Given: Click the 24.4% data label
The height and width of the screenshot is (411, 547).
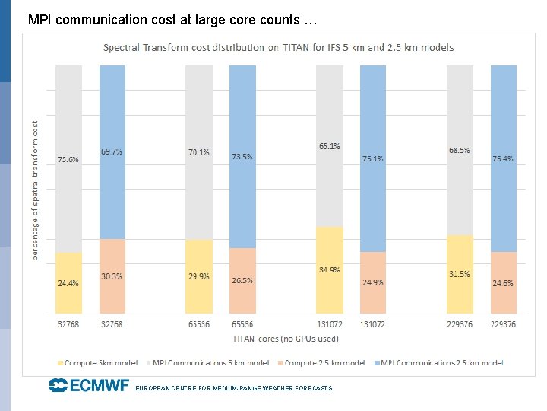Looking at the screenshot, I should pos(68,283).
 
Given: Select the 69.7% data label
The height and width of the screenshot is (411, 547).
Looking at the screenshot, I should pos(112,151).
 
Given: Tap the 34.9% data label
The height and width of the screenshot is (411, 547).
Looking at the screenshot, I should pos(330,270).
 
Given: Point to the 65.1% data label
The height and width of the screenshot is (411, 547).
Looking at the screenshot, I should pos(330,145).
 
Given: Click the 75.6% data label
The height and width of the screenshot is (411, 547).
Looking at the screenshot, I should pos(68,160).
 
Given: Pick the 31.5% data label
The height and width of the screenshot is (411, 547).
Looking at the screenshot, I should pos(460,274).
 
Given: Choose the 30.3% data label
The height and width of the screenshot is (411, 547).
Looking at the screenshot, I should pos(112,276).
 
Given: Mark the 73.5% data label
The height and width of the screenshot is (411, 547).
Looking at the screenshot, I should pos(242,157).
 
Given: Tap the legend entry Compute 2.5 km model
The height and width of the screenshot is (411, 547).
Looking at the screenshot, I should pos(324,363).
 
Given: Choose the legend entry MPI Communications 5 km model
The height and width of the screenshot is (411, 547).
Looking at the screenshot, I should pos(207,363).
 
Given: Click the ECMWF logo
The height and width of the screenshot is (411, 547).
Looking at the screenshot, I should pos(89,386).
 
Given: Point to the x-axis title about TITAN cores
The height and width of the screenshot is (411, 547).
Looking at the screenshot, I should pos(286,339).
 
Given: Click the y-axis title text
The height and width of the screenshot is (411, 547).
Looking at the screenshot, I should pos(35,190).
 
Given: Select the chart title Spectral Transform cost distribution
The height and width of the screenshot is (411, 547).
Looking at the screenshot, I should pos(279,47).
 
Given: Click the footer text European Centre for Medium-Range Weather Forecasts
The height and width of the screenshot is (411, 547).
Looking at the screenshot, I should pos(233,388).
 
